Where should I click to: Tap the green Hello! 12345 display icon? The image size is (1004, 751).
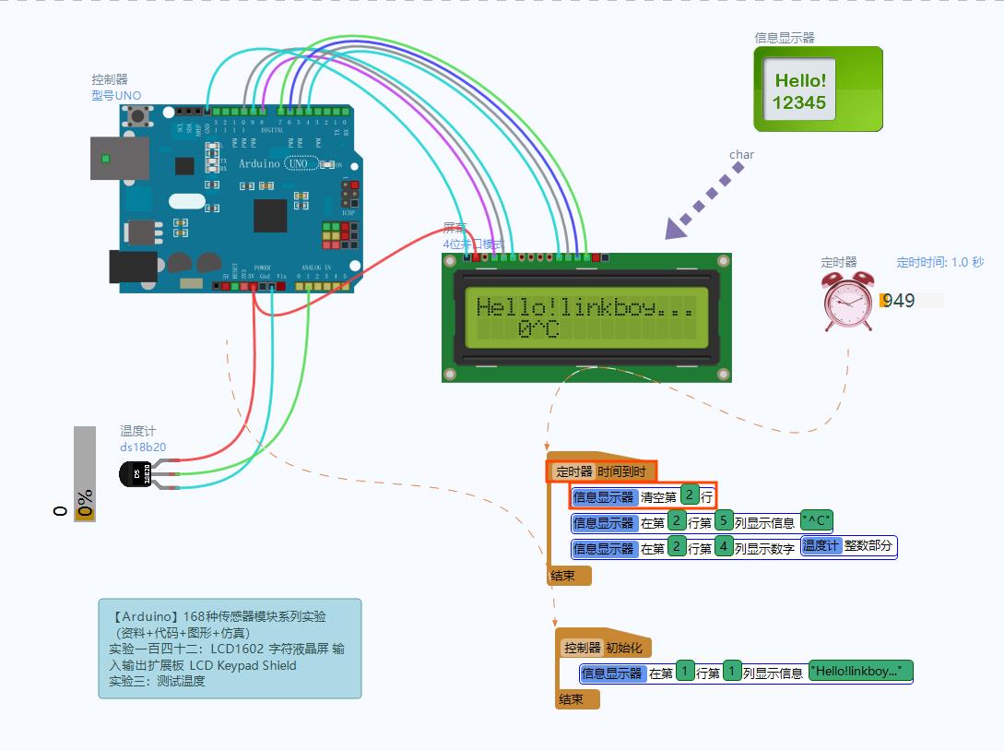tap(818, 89)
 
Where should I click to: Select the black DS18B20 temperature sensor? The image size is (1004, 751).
tap(136, 474)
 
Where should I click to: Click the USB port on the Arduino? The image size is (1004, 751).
tap(119, 158)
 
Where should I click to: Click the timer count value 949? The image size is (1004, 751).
tap(899, 301)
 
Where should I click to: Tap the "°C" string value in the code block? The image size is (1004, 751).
tap(816, 521)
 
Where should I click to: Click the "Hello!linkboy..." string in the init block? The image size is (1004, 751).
tap(860, 671)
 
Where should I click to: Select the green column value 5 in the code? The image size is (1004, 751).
tap(723, 521)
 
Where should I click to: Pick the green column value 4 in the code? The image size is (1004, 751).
tap(723, 547)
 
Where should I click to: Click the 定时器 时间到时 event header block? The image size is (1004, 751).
tap(603, 471)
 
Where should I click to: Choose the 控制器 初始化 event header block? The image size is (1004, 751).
tap(604, 647)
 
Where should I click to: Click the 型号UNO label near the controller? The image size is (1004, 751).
tap(116, 96)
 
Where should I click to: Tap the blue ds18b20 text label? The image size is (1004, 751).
tap(143, 447)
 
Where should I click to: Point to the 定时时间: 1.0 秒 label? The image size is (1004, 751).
tap(939, 262)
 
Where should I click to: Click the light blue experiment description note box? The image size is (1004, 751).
tap(230, 649)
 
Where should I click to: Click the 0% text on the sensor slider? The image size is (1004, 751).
tap(86, 504)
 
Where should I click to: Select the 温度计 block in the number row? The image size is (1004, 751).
tap(821, 546)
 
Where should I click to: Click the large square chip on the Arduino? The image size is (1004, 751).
tap(270, 215)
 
